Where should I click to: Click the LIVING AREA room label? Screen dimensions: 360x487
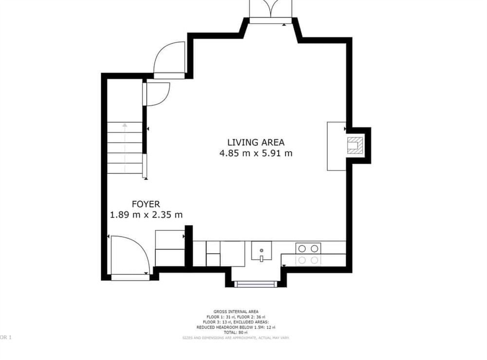tap(256, 142)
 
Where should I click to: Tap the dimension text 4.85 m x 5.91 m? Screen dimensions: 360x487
tap(256, 153)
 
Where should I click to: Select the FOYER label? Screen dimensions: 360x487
tap(146, 204)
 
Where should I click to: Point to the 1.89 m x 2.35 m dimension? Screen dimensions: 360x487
tap(146, 215)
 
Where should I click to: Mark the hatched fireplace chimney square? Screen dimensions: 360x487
tap(354, 146)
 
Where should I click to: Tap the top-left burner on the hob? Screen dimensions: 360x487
tap(302, 248)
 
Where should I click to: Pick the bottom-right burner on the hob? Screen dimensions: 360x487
tap(315, 260)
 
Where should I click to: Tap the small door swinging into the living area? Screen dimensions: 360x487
tap(157, 94)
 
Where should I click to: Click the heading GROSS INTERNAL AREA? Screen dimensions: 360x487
tap(236, 312)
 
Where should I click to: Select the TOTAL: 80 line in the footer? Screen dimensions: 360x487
tap(236, 332)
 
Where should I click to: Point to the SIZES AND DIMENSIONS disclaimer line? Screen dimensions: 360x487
tap(236, 338)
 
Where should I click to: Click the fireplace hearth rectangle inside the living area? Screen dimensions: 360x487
tap(336, 146)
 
